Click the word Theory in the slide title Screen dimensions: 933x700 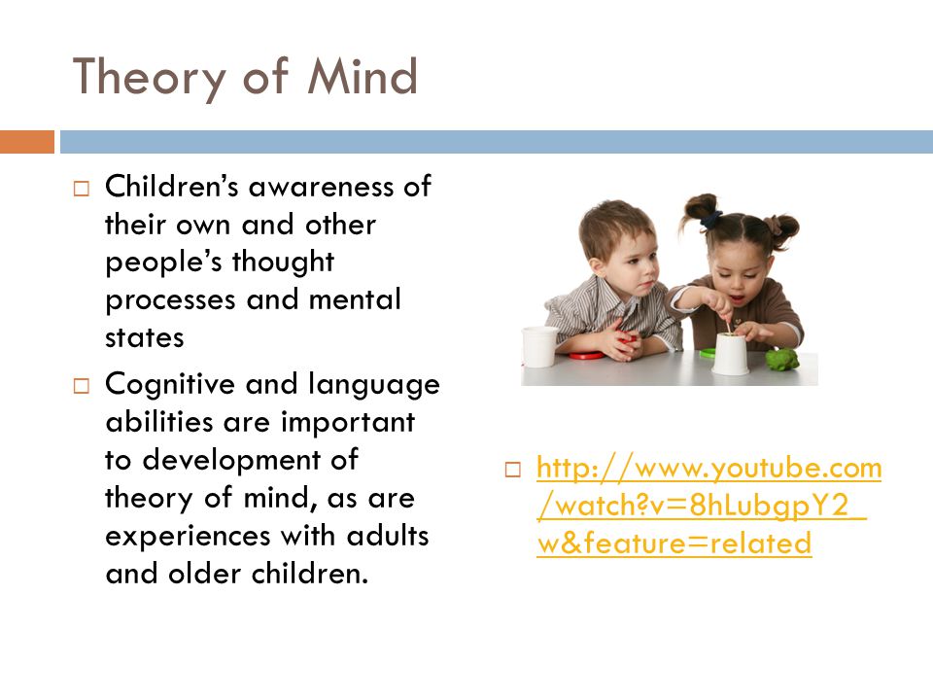[149, 79]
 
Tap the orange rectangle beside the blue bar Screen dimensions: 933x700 [27, 142]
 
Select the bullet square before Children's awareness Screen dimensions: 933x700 [81, 189]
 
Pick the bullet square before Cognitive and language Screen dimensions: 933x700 [81, 386]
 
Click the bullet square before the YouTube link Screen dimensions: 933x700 [512, 470]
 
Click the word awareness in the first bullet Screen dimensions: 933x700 [322, 188]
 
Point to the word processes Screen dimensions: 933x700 [170, 301]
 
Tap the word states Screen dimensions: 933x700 [145, 337]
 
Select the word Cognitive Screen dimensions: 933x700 [169, 386]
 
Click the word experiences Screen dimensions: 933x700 [188, 538]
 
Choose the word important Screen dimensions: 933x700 [348, 423]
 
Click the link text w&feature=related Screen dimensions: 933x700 [674, 542]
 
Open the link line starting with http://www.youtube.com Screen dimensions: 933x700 [708, 468]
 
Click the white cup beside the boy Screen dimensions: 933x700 [539, 346]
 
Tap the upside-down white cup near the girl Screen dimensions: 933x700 [730, 354]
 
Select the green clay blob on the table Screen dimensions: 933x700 [782, 359]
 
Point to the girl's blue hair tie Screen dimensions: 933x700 [710, 221]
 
